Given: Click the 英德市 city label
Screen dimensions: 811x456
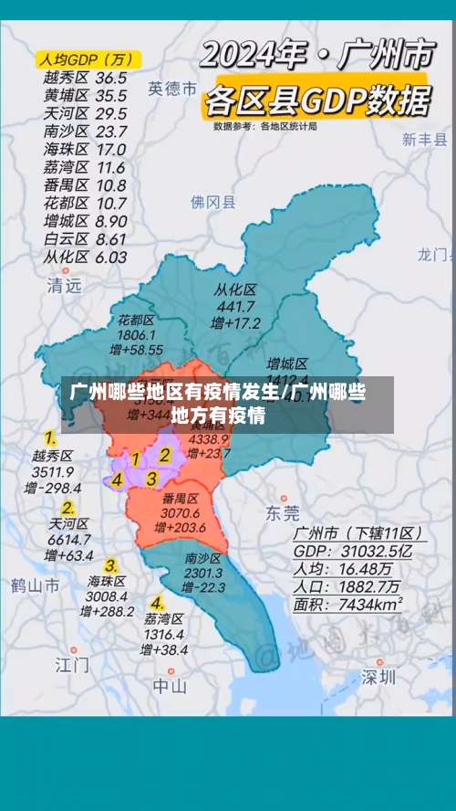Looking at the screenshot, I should (x=172, y=89).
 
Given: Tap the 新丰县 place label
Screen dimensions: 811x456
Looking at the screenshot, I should (x=425, y=140).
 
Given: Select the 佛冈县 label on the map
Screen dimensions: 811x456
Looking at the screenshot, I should (x=212, y=202).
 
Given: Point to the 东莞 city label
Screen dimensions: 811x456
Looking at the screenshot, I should (x=282, y=512).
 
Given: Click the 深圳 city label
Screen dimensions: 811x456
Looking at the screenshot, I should (x=378, y=677).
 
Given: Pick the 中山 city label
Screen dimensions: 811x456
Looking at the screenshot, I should (x=170, y=685).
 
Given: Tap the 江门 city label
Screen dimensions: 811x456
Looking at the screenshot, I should (x=72, y=664).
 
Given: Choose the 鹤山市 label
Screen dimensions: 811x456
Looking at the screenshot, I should (x=35, y=585).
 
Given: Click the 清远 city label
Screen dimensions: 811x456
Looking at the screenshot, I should (x=64, y=285).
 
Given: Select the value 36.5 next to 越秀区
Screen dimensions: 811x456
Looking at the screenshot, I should (x=111, y=79).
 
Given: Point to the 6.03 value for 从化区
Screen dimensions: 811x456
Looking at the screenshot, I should (x=111, y=257).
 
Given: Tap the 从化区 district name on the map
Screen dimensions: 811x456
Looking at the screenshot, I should (x=235, y=290).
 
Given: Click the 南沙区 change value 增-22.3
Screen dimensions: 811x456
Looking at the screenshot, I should (x=203, y=587).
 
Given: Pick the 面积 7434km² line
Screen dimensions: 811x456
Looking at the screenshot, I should (x=347, y=604).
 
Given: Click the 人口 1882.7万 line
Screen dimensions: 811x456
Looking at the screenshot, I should (x=347, y=585).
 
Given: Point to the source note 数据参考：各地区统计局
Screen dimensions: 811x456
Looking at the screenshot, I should (x=265, y=126).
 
